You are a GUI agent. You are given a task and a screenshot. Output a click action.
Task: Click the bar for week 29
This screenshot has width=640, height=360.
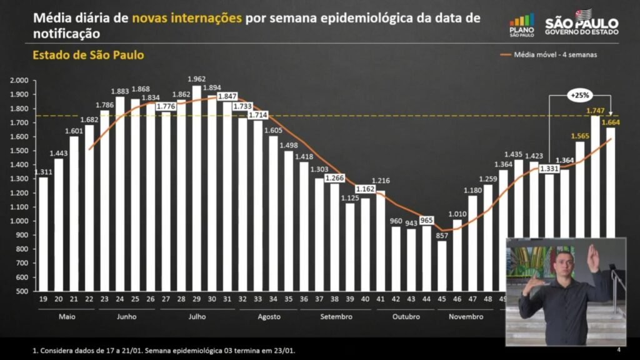(x=197, y=187)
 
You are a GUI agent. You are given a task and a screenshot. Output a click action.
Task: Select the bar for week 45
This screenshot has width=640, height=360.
(x=442, y=266)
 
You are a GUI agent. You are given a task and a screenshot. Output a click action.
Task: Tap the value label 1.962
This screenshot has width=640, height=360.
(x=197, y=79)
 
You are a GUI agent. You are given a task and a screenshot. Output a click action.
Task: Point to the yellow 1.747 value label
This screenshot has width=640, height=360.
(x=595, y=111)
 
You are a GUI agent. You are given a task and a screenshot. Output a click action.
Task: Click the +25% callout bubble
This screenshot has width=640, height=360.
(x=579, y=96)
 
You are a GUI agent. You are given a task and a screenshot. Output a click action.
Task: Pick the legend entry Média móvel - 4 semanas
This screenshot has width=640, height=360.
(x=555, y=54)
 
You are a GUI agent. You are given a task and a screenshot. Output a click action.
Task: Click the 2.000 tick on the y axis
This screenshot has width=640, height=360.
(x=19, y=81)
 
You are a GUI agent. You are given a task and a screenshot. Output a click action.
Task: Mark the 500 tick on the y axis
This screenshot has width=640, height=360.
(x=22, y=291)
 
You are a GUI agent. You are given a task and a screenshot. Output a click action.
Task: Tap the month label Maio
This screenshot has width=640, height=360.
(x=67, y=316)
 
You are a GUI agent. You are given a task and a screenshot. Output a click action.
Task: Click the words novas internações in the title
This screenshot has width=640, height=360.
(x=187, y=17)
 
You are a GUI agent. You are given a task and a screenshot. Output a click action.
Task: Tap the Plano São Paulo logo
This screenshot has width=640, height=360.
(x=522, y=26)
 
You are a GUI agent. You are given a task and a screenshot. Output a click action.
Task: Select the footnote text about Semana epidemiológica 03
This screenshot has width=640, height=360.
(x=164, y=351)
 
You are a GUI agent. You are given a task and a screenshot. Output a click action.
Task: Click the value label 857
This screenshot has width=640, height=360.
(x=442, y=234)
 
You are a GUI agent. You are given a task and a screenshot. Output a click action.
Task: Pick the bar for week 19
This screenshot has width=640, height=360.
(x=43, y=234)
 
